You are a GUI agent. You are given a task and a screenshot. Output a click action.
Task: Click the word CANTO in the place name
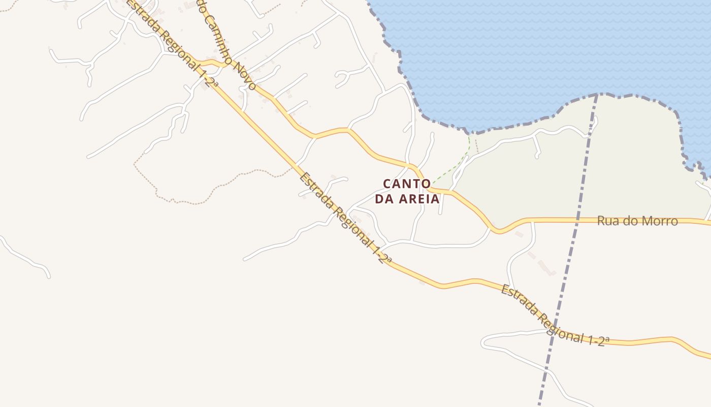tap(406, 183)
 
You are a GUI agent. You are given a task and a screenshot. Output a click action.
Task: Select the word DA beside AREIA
tap(384, 199)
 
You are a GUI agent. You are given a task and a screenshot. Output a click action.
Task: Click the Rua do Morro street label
tap(637, 221)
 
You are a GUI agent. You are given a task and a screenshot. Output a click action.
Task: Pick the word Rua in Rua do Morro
tap(608, 221)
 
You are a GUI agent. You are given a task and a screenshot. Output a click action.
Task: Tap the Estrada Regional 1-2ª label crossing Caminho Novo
tap(173, 43)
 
